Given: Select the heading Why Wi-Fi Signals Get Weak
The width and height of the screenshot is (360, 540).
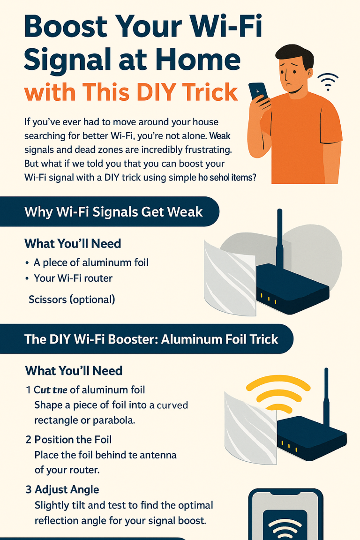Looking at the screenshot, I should tap(113, 211).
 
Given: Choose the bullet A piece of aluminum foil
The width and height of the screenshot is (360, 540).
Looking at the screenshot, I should tap(91, 262).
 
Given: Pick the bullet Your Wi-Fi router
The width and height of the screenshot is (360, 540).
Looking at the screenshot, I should tap(73, 278).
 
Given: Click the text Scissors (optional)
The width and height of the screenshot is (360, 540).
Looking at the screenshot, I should tap(72, 299).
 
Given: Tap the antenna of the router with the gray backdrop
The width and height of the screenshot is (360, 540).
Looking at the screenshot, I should tap(280, 239).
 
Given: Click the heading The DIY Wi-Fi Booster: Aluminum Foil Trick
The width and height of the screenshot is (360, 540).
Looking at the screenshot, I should tap(151, 339).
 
